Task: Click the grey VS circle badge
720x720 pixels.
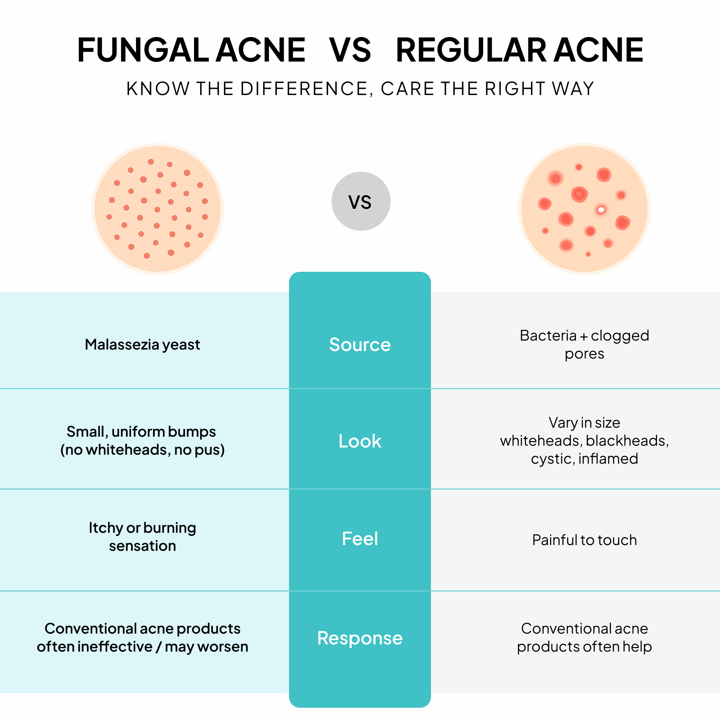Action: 361,201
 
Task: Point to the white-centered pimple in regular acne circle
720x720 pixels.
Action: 601,210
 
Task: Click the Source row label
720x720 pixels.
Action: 360,345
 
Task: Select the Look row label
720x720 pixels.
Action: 360,441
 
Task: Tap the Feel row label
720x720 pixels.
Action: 360,539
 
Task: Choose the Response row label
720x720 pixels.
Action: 360,638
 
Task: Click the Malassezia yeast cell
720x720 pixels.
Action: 142,345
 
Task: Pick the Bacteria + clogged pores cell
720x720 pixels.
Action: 584,345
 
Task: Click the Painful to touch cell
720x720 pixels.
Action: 584,540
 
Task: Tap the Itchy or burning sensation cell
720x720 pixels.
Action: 142,537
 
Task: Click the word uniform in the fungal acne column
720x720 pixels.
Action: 138,432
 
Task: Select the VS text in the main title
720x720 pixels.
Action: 350,50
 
